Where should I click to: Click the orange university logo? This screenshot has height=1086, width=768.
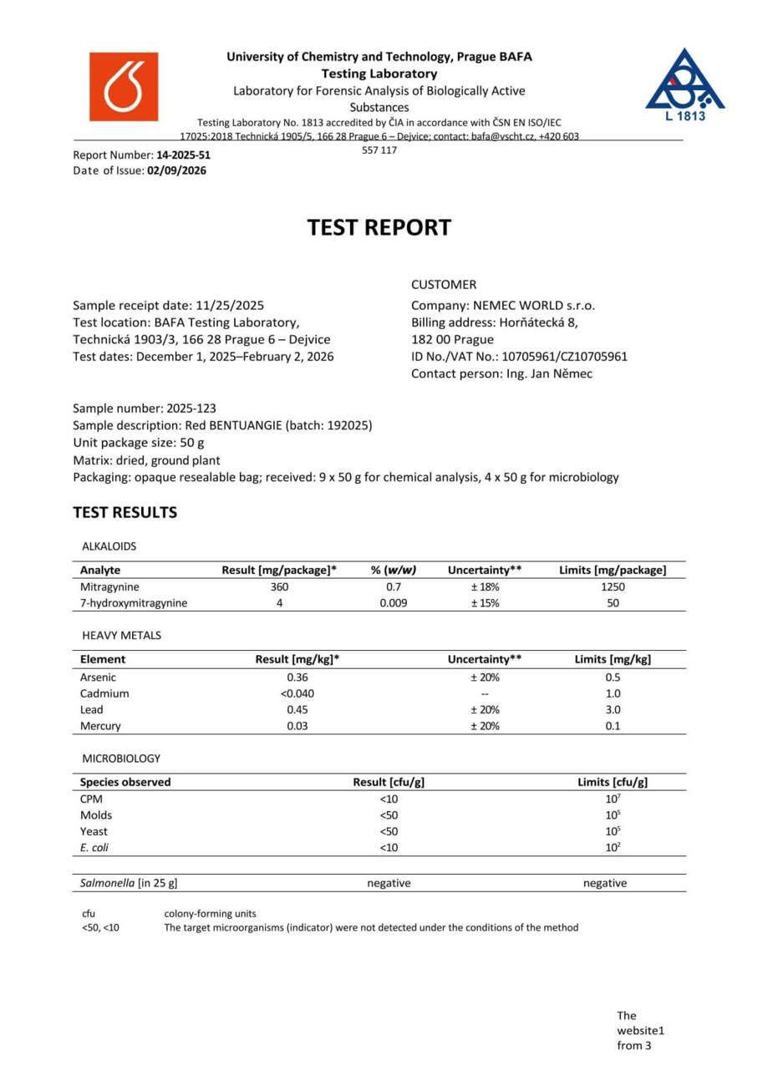124,86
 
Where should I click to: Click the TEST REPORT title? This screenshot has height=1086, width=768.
379,227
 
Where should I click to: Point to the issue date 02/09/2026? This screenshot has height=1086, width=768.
177,170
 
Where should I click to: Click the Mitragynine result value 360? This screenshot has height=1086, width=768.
279,586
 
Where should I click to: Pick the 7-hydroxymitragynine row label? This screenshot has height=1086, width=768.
134,602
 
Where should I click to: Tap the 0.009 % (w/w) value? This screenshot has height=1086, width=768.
393,602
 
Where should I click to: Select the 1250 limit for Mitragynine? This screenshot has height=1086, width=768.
613,586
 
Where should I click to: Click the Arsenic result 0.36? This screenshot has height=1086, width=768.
297,677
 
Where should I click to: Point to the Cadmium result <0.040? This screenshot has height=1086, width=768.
297,693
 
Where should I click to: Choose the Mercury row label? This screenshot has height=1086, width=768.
100,726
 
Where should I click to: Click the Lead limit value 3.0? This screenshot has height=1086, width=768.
613,709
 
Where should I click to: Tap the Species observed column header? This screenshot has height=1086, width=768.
125,783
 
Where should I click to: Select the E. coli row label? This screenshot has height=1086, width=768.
94,847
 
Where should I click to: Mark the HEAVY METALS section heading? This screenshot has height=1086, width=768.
122,635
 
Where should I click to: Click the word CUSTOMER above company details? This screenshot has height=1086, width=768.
444,284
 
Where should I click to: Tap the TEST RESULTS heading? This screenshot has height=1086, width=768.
125,512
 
